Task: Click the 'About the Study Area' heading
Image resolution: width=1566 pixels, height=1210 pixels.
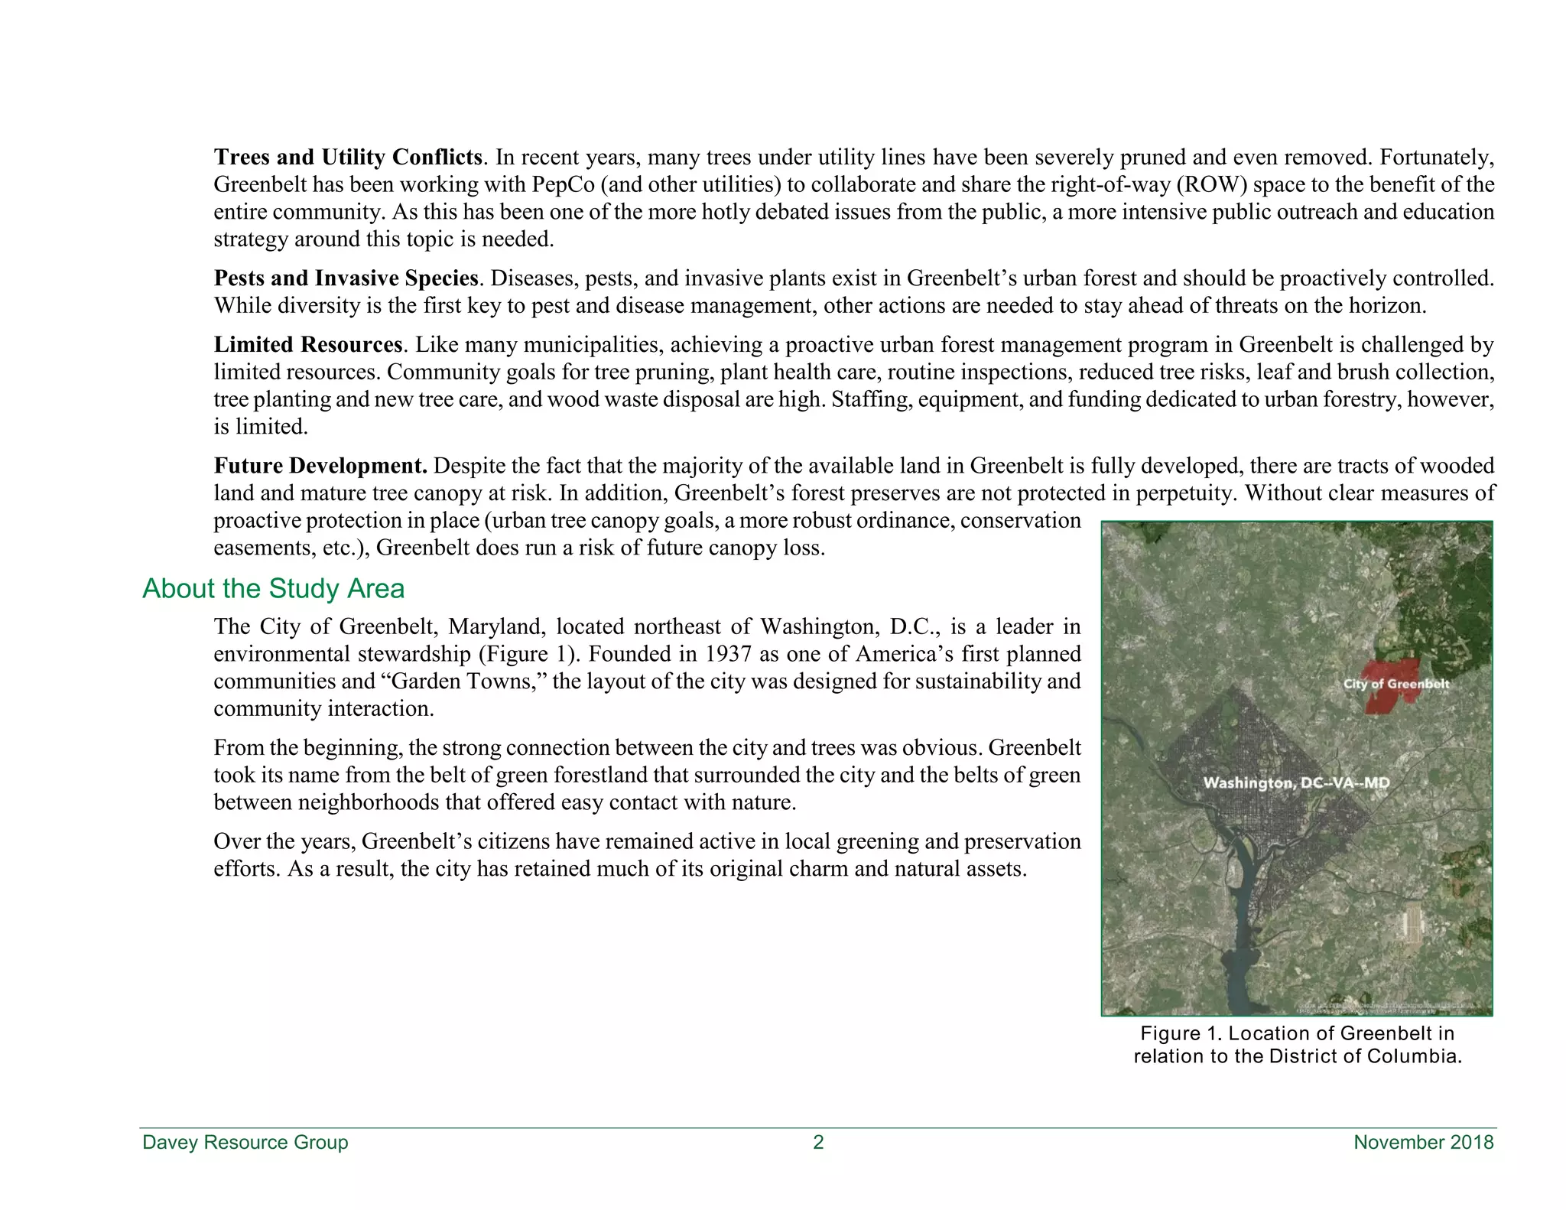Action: click(x=273, y=588)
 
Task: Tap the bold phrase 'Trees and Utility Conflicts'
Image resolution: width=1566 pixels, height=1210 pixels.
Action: click(x=348, y=158)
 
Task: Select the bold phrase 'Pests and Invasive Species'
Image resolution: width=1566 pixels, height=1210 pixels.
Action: click(x=346, y=278)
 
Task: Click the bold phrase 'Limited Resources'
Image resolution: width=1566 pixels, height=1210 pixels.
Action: click(x=307, y=345)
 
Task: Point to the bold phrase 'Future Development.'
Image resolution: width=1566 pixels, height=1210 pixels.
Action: click(x=320, y=466)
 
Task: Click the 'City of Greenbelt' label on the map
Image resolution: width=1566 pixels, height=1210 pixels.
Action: click(x=1395, y=684)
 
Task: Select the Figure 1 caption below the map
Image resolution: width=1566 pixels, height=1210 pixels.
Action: click(x=1297, y=1045)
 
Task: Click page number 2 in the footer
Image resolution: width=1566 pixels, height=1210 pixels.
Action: click(x=818, y=1143)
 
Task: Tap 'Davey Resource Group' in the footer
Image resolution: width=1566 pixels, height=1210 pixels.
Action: click(x=245, y=1143)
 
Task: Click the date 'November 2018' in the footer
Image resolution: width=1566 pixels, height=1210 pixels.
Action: click(x=1423, y=1143)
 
